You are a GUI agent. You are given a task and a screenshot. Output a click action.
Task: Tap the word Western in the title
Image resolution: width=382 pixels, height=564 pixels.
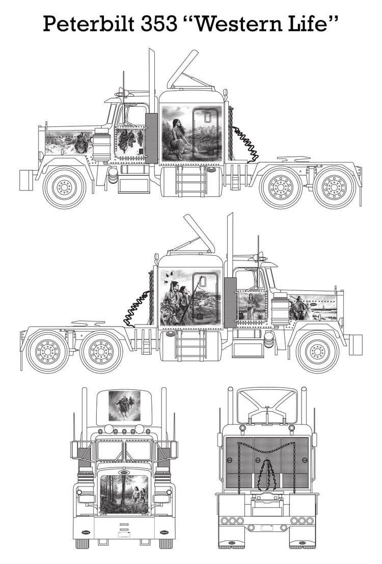[x=236, y=23]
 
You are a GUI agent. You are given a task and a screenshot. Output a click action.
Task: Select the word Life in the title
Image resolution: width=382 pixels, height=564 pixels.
[x=313, y=23]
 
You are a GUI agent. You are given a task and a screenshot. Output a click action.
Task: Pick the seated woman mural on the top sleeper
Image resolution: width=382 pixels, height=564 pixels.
[x=191, y=132]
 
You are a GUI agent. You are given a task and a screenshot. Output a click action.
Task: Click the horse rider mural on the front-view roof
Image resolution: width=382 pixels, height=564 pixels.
[x=124, y=406]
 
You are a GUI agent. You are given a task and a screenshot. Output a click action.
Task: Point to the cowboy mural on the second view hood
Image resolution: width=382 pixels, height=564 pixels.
[x=313, y=308]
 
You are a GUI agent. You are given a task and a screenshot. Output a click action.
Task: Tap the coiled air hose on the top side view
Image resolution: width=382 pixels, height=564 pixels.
[x=245, y=142]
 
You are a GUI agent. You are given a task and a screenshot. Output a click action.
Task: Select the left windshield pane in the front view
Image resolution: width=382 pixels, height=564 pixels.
[x=110, y=451]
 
